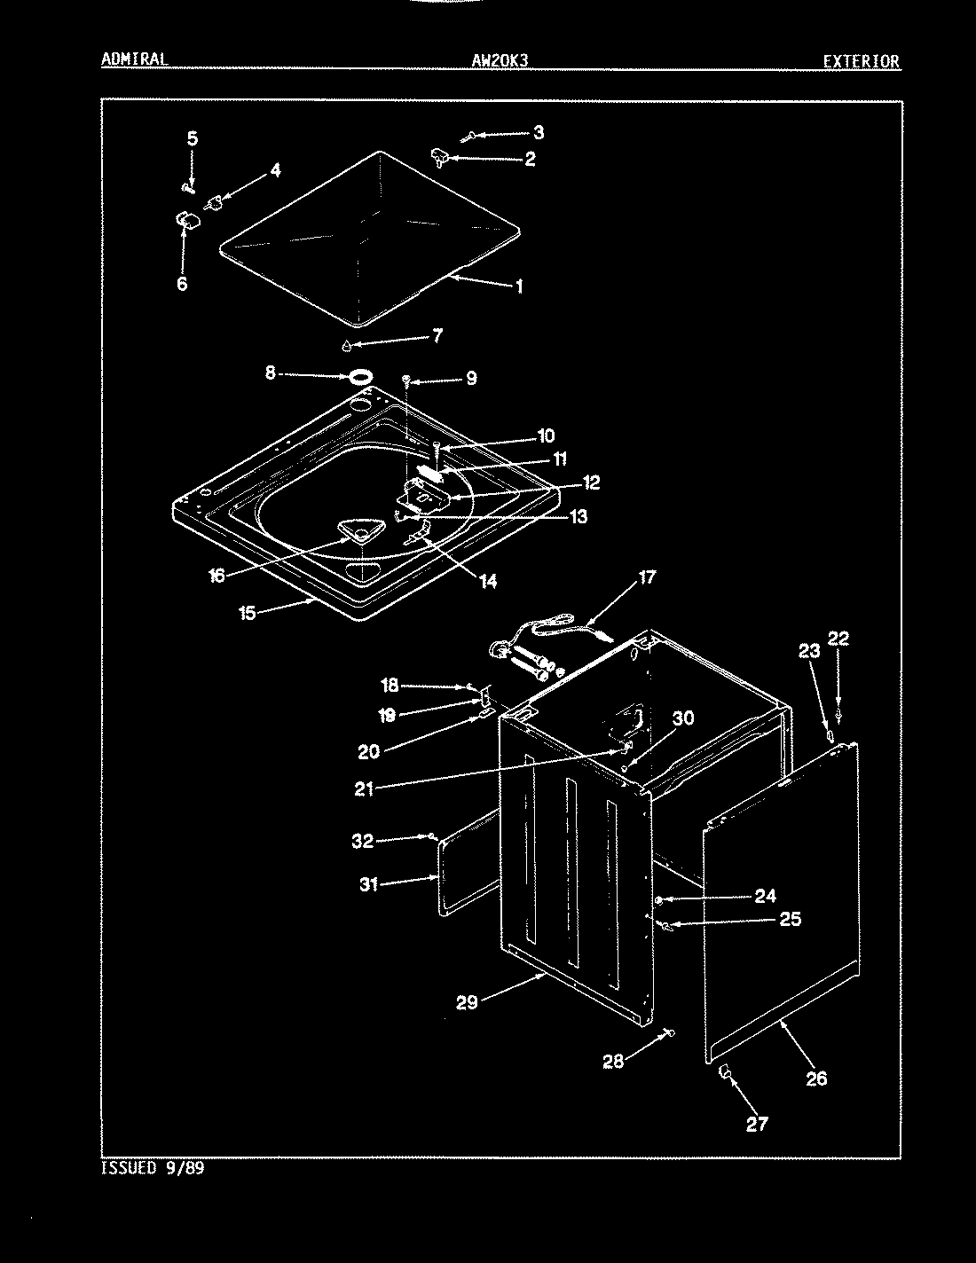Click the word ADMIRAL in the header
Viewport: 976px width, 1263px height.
click(134, 59)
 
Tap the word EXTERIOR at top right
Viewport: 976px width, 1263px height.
click(860, 61)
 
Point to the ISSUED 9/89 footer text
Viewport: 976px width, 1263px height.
click(153, 1168)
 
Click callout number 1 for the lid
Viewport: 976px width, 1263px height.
click(518, 286)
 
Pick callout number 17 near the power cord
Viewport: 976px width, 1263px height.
click(647, 577)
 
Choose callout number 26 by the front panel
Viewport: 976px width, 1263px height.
click(816, 1078)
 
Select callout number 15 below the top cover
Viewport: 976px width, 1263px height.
click(248, 612)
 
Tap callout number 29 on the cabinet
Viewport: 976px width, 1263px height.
click(467, 1002)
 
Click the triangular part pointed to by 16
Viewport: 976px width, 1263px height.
click(358, 531)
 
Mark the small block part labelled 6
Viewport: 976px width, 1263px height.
click(185, 219)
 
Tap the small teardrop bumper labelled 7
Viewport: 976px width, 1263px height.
click(348, 343)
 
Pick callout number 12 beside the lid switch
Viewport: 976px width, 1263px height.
click(591, 482)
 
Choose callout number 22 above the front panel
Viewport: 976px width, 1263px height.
click(838, 638)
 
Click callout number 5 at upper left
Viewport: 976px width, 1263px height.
click(192, 138)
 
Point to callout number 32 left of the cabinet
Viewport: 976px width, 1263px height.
click(362, 841)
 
